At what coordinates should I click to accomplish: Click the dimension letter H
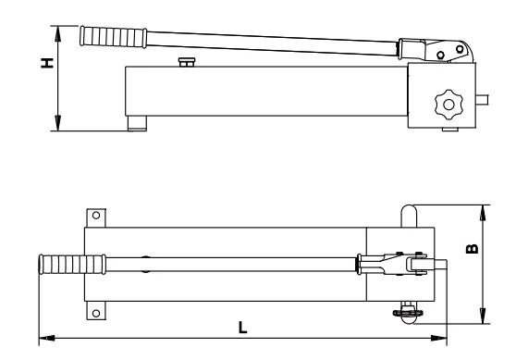pyautogui.click(x=47, y=63)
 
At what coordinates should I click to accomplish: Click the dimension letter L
pyautogui.click(x=242, y=327)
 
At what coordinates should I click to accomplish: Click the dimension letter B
pyautogui.click(x=473, y=249)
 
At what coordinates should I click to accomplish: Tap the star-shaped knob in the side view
pyautogui.click(x=448, y=105)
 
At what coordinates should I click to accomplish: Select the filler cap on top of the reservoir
pyautogui.click(x=187, y=62)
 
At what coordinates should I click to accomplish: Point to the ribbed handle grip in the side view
pyautogui.click(x=114, y=37)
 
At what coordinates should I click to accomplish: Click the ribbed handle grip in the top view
pyautogui.click(x=72, y=264)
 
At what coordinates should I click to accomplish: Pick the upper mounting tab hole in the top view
pyautogui.click(x=96, y=216)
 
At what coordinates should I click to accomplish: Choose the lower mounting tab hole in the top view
pyautogui.click(x=96, y=313)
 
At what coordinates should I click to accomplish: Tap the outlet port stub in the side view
pyautogui.click(x=482, y=100)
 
